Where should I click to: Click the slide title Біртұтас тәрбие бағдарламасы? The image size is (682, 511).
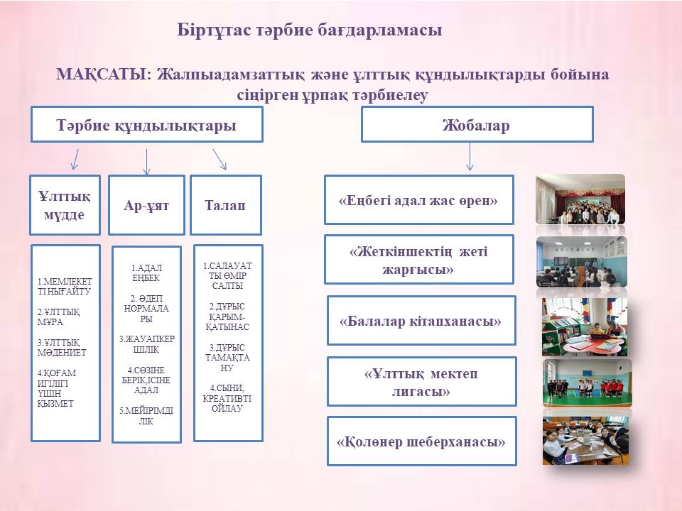tap(309, 30)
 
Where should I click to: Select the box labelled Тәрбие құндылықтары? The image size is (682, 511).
tap(147, 125)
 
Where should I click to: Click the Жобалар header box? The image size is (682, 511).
tap(477, 125)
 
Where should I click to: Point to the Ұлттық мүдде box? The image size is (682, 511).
tap(65, 205)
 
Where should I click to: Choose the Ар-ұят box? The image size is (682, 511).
tap(146, 205)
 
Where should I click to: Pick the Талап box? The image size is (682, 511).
tap(226, 205)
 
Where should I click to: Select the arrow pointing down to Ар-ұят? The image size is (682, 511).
tap(146, 162)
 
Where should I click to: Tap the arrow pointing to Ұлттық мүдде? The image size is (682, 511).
tap(75, 159)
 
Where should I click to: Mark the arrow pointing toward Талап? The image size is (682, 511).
tap(220, 159)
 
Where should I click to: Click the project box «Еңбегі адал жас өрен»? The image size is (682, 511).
tap(419, 200)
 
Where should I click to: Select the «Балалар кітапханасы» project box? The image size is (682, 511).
tap(421, 321)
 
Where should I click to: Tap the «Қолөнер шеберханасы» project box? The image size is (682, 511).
tap(421, 441)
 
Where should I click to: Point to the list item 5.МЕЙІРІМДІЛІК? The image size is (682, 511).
tap(146, 416)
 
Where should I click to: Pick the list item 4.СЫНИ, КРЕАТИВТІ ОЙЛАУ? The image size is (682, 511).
tap(227, 398)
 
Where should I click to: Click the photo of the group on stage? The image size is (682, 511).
tap(580, 199)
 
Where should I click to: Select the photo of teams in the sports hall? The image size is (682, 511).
tap(588, 383)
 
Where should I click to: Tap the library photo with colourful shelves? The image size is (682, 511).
tap(585, 326)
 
